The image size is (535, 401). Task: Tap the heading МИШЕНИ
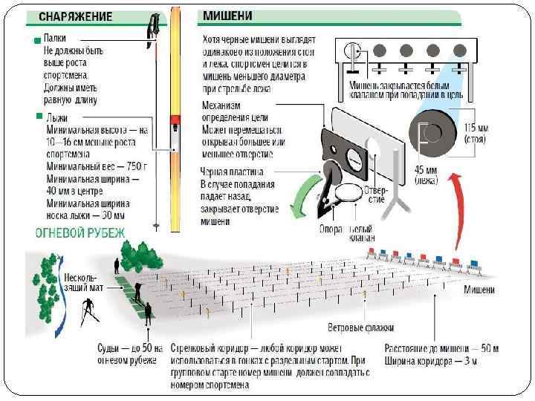click(227, 15)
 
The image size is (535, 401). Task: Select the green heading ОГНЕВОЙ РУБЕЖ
click(81, 233)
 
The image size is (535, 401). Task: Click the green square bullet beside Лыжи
click(39, 117)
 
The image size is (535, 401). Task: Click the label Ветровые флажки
click(361, 327)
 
